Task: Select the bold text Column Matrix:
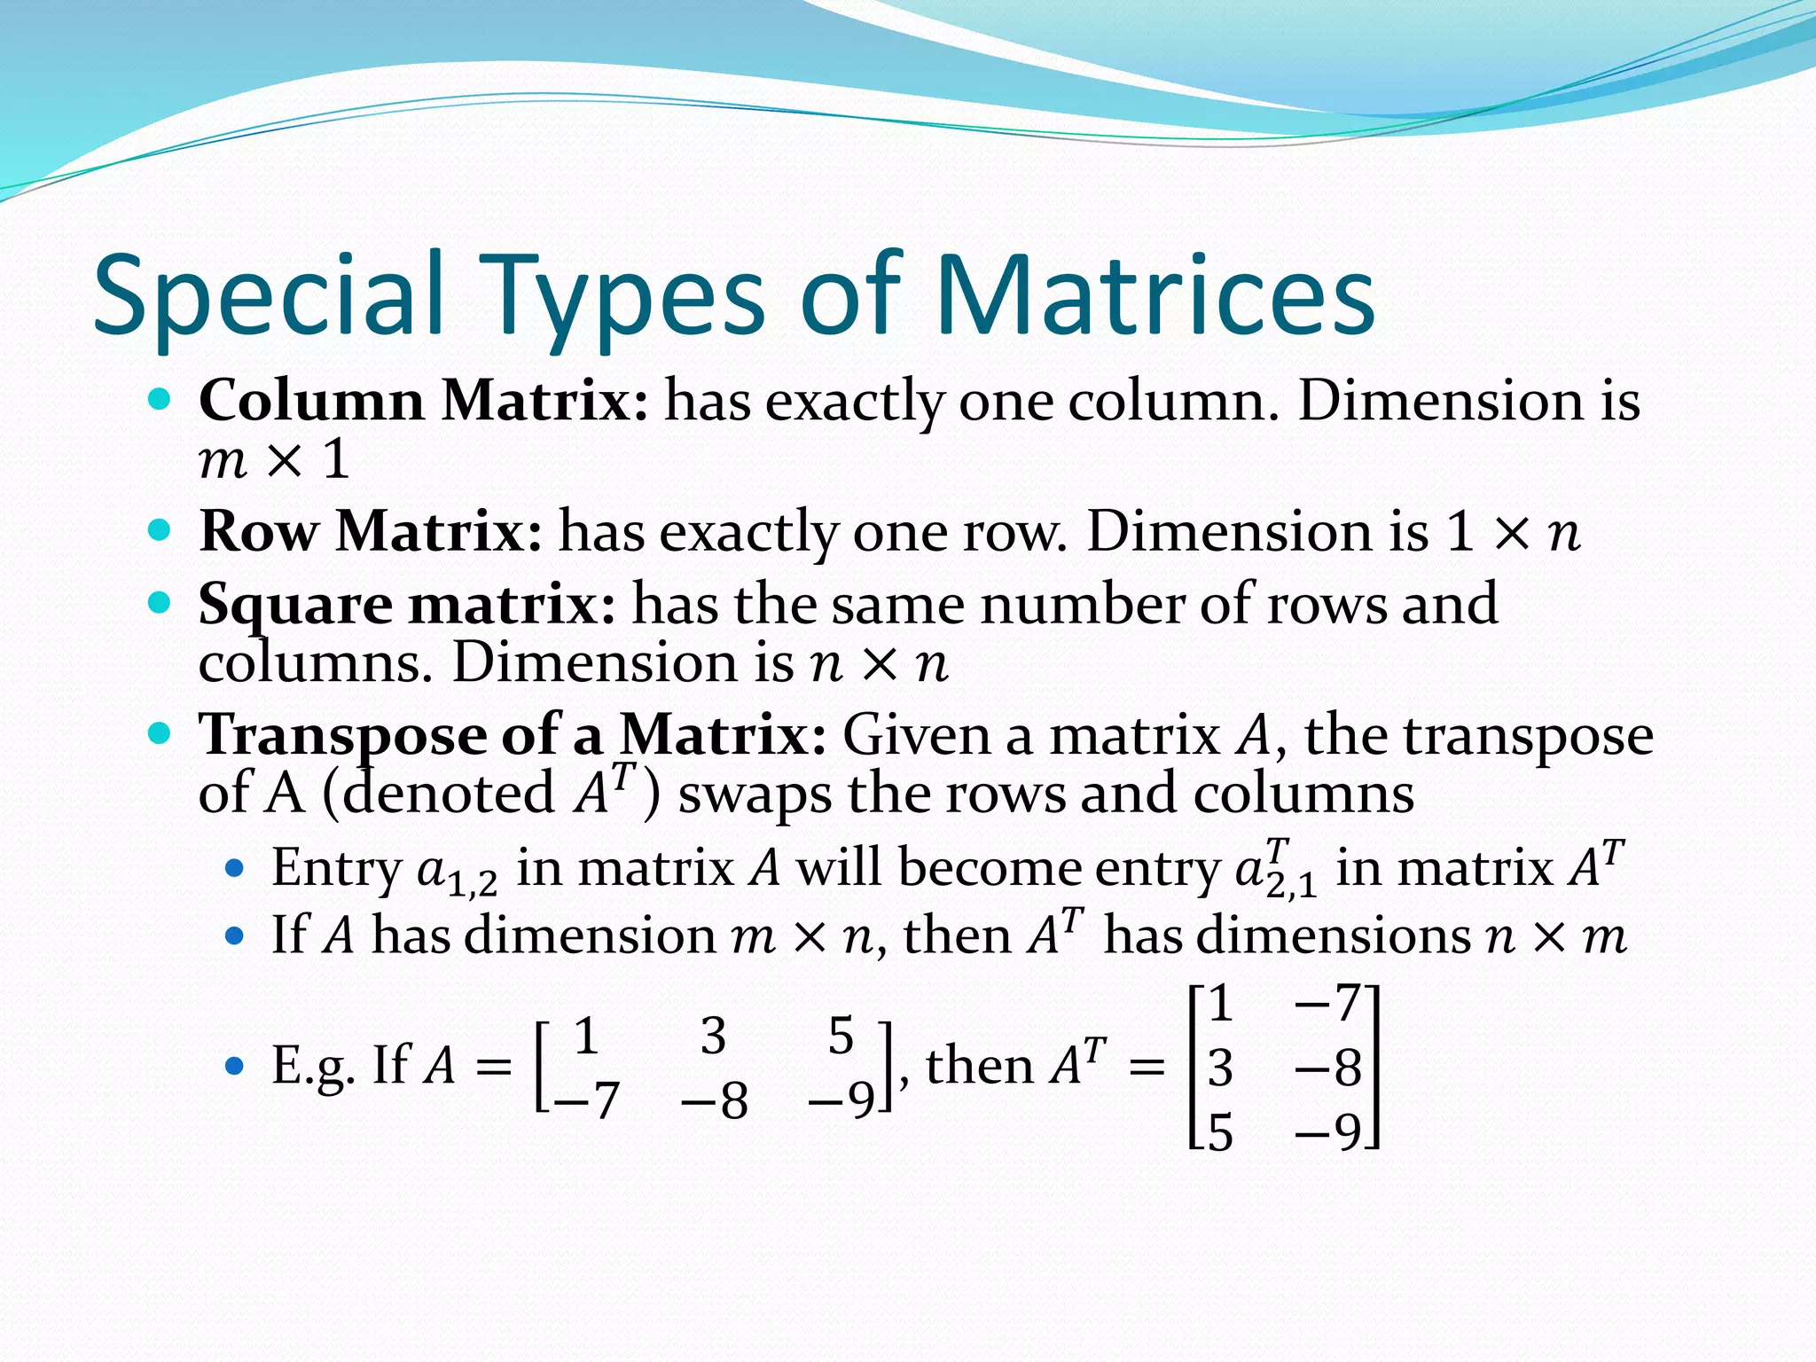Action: (x=424, y=400)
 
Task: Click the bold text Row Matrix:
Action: (x=371, y=531)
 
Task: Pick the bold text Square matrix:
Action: (x=407, y=604)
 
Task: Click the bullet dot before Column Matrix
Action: (x=160, y=400)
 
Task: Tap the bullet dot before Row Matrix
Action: (x=160, y=531)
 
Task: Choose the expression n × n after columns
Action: (x=879, y=662)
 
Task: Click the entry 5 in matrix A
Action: (x=840, y=1036)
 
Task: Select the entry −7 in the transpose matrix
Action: (x=1327, y=1004)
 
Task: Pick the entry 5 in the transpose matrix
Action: (x=1221, y=1132)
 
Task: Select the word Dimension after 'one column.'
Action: (x=1440, y=400)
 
